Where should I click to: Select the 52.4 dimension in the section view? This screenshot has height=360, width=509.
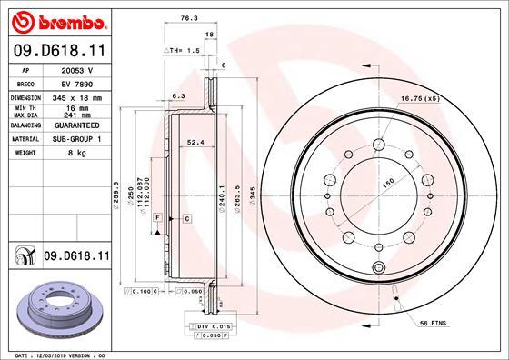pos(194,141)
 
